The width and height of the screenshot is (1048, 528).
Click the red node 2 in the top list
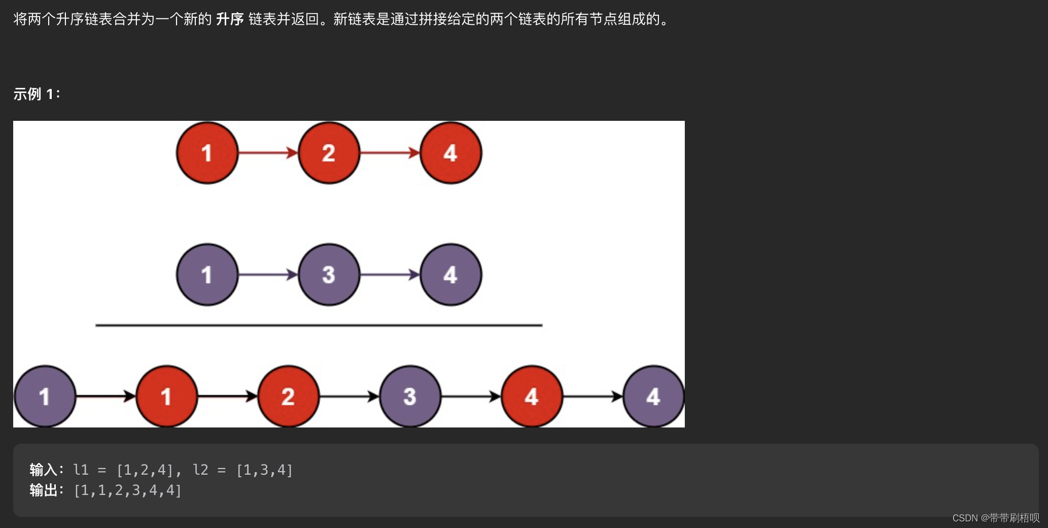(329, 153)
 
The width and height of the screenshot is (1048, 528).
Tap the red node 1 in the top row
(207, 153)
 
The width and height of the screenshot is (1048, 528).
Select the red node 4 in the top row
(450, 153)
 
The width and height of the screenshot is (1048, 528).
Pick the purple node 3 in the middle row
(329, 275)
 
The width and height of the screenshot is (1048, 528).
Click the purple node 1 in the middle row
(207, 275)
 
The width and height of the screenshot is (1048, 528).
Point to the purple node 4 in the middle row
(450, 275)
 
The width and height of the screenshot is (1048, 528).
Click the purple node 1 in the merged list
(45, 397)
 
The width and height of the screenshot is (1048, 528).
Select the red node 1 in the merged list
(166, 397)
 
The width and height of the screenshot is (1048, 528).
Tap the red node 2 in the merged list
(288, 397)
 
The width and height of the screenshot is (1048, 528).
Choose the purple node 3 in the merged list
(410, 397)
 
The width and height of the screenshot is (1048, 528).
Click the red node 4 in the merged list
(532, 397)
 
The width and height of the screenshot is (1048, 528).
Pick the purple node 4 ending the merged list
(653, 397)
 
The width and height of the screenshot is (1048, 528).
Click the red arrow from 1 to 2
(268, 153)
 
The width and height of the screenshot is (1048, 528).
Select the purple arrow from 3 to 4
(390, 275)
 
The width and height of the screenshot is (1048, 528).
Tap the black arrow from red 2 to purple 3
(349, 397)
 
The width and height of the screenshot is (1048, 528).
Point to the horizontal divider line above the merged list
(319, 325)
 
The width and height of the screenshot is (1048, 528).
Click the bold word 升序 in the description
(230, 19)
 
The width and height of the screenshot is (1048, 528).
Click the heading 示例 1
(37, 94)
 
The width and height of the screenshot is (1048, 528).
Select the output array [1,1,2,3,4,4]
(127, 490)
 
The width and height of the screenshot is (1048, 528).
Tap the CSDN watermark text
(995, 518)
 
